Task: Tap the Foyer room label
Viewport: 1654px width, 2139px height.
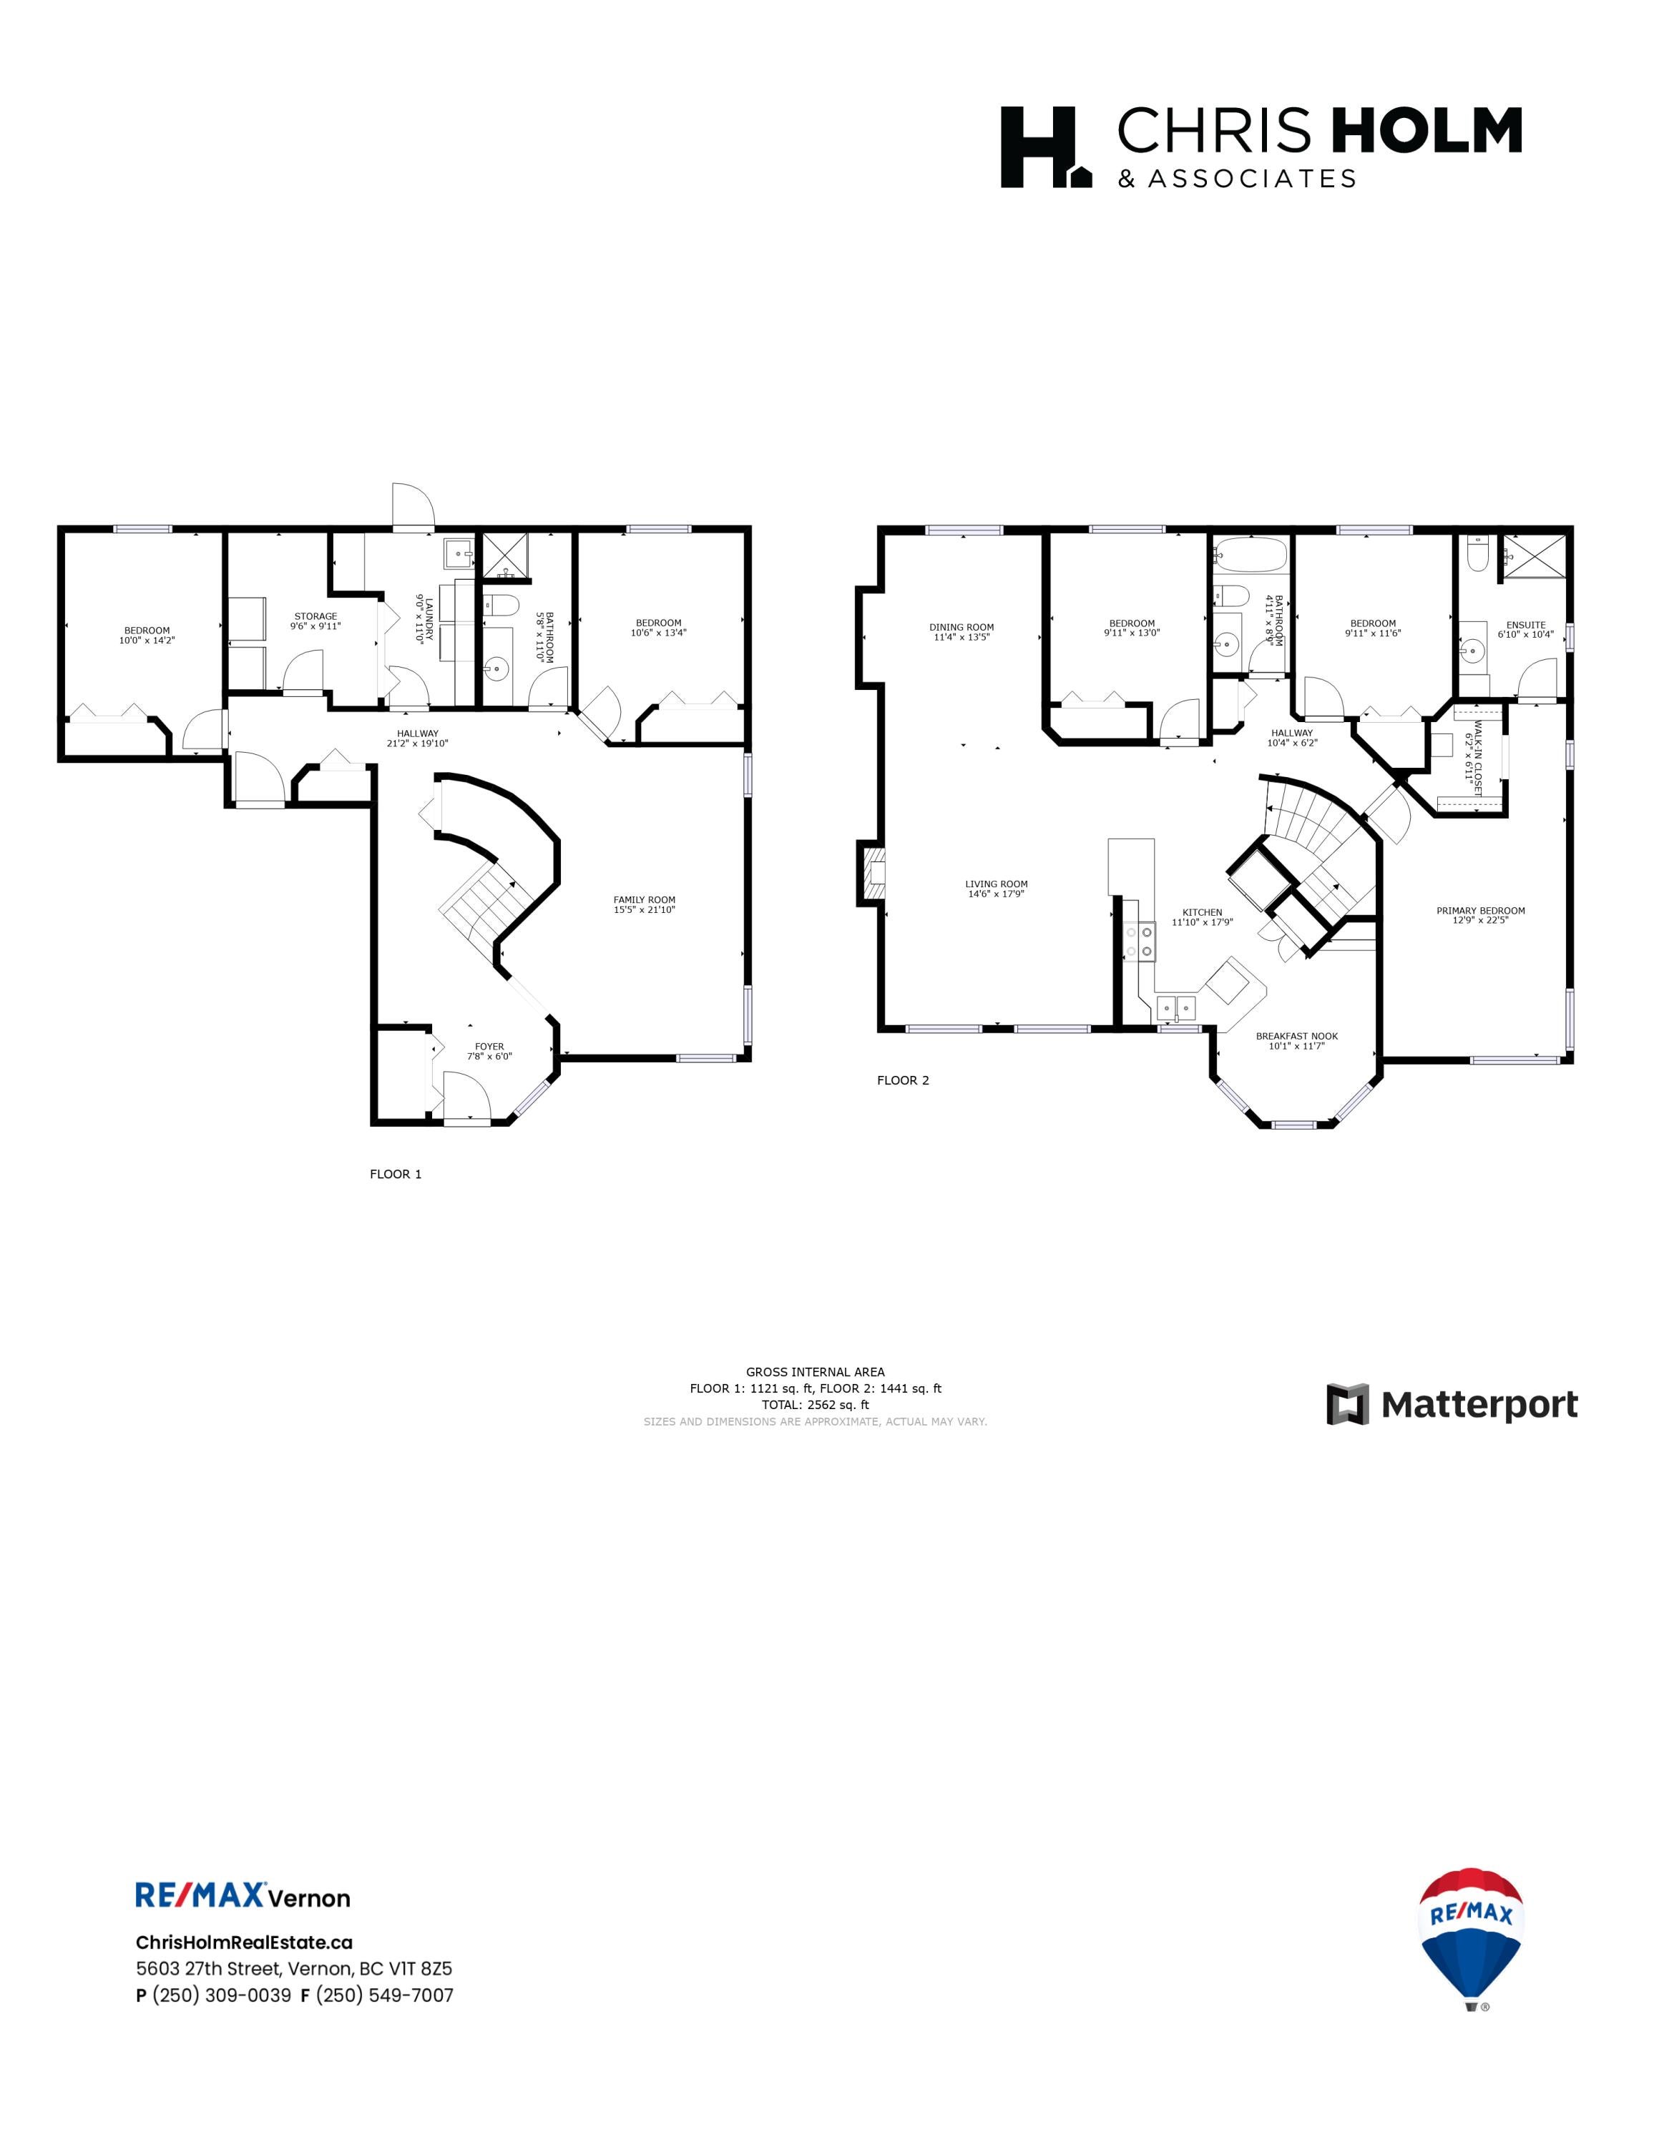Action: pos(489,1052)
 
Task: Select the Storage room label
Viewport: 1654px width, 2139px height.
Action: pos(315,621)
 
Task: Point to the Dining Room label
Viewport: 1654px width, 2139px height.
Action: pos(961,632)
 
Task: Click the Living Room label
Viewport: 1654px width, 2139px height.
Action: pos(996,889)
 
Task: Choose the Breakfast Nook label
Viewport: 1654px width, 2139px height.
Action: pos(1296,1041)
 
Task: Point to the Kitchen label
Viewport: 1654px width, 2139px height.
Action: pos(1203,917)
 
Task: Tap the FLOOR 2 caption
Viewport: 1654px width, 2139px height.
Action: pos(902,1080)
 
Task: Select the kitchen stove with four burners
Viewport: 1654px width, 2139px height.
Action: pos(1140,942)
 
